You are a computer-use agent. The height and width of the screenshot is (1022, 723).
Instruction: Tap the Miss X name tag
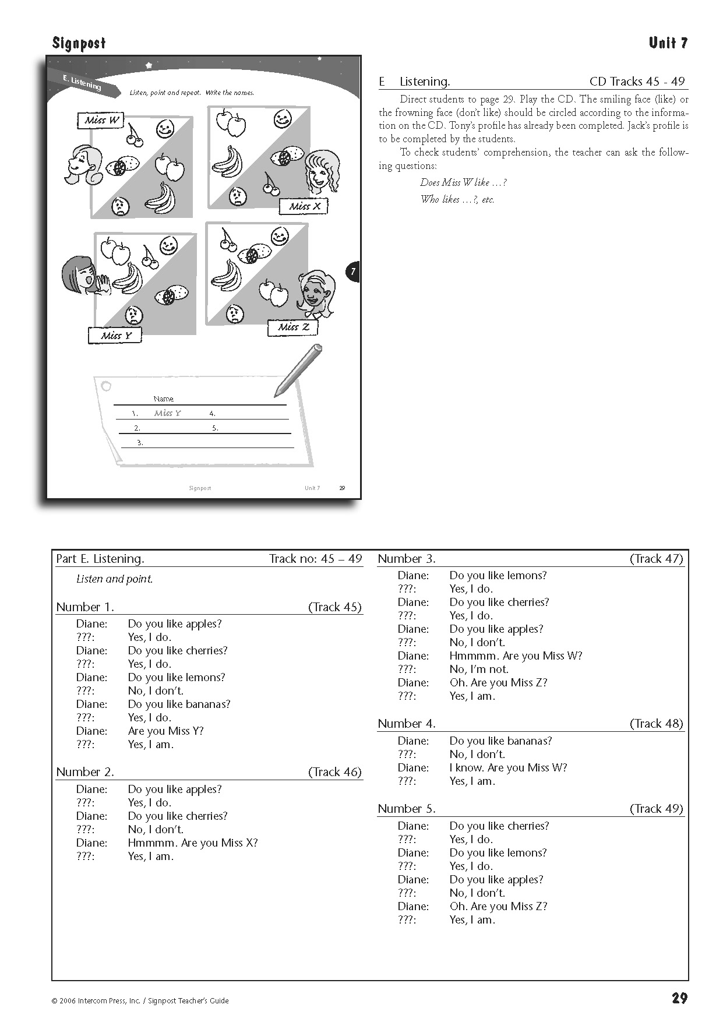305,206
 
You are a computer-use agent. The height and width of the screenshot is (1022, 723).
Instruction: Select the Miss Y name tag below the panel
115,336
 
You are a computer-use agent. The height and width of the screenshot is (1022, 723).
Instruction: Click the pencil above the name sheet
298,369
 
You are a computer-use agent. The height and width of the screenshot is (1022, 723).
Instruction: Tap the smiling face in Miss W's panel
165,129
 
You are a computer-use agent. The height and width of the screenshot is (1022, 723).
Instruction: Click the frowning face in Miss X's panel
237,196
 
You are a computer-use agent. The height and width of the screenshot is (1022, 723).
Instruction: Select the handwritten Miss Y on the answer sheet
167,413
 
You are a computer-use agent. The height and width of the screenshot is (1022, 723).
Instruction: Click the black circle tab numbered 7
352,272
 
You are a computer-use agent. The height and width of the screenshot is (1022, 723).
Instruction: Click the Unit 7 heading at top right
668,43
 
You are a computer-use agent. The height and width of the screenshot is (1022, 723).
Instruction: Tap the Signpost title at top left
79,43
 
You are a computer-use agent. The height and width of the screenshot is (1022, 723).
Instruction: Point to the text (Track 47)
656,559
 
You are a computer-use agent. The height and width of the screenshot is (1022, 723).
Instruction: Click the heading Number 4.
407,724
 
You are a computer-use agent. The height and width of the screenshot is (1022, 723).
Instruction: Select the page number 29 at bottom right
679,998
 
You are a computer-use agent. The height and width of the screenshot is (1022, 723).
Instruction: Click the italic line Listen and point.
114,579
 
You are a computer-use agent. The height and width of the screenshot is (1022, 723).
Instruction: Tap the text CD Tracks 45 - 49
637,82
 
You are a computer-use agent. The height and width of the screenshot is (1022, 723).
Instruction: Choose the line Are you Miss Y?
165,731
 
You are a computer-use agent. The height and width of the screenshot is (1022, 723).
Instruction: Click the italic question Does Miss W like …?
463,182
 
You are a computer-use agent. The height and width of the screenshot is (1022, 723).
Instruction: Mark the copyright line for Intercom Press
140,1001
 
